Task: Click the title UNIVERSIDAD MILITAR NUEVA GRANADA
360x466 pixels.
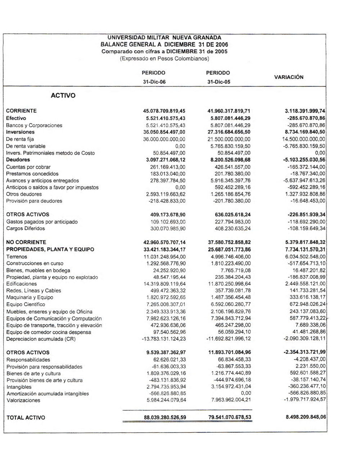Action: pyautogui.click(x=164, y=37)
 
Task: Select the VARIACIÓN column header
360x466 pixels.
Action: pyautogui.click(x=288, y=77)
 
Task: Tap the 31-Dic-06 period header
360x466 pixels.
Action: pyautogui.click(x=154, y=82)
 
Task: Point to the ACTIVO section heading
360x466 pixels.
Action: pyautogui.click(x=63, y=95)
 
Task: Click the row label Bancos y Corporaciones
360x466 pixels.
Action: pyautogui.click(x=34, y=125)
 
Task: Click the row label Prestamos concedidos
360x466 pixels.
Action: pyautogui.click(x=32, y=174)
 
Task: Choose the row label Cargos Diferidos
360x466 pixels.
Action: pyautogui.click(x=26, y=228)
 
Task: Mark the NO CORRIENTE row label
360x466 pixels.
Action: pyautogui.click(x=26, y=242)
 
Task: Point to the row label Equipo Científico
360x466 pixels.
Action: pyautogui.click(x=26, y=304)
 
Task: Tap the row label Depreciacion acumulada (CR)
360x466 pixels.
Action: pyautogui.click(x=41, y=339)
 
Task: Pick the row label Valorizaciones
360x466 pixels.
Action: pyautogui.click(x=23, y=400)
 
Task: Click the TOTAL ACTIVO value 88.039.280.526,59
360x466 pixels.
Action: pyautogui.click(x=165, y=418)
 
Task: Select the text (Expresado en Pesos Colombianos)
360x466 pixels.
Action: pyautogui.click(x=164, y=58)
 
